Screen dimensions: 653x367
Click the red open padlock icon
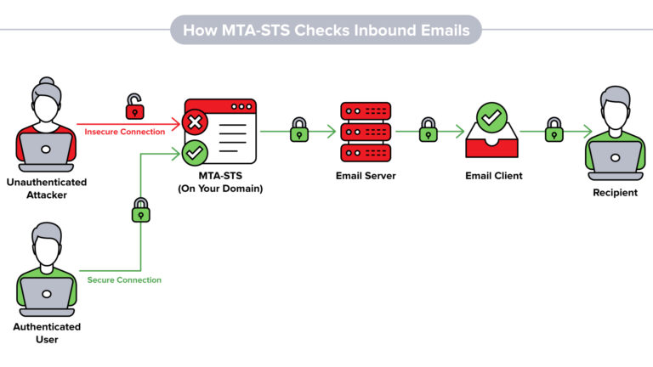coord(135,106)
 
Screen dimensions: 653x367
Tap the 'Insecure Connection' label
coord(124,132)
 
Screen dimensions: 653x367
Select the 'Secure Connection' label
coord(124,280)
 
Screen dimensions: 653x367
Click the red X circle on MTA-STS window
coord(195,122)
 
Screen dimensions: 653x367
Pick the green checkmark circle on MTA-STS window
coord(195,153)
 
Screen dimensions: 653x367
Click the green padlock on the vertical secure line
coord(141,210)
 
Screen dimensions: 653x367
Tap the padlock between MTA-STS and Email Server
coord(299,129)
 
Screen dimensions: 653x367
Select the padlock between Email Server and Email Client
coord(429,129)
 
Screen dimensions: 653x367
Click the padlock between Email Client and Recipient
coord(554,129)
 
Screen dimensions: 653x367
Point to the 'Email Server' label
coord(366,176)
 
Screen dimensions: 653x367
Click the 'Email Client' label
coord(493,176)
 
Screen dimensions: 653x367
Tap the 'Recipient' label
coord(615,193)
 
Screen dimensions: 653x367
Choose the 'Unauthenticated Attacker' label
coord(47,189)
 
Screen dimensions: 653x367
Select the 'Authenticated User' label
coord(47,333)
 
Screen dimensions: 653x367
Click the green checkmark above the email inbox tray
coord(491,118)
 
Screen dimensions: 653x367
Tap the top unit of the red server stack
coord(366,111)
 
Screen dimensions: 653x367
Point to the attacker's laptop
coord(46,152)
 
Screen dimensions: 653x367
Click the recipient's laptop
coord(615,161)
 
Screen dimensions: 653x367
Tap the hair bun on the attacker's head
coord(47,82)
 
